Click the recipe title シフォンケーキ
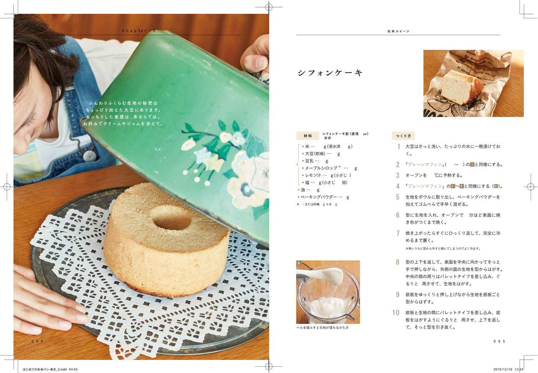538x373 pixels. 330,73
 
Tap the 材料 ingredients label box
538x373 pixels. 308,136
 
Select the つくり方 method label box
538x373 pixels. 403,136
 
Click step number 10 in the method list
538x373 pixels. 396,313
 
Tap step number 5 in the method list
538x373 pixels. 398,197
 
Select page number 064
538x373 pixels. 37,341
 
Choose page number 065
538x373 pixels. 499,341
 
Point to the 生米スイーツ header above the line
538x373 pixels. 398,32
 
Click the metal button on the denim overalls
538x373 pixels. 89,156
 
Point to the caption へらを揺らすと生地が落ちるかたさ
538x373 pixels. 322,328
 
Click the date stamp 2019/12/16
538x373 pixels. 503,369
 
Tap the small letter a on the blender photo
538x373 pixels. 299,263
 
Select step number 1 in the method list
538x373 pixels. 398,147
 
